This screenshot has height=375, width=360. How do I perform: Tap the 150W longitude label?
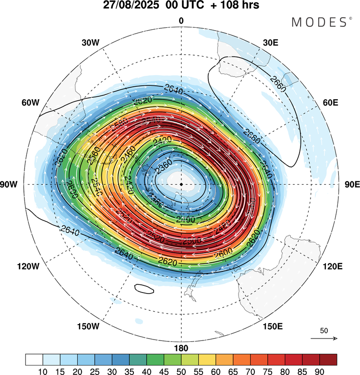click(x=87, y=327)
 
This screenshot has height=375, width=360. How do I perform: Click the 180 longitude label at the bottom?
click(x=181, y=348)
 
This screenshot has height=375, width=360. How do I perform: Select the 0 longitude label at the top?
click(x=181, y=21)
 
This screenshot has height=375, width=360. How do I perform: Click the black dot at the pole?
click(x=181, y=184)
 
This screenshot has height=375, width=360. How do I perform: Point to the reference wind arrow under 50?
click(x=324, y=339)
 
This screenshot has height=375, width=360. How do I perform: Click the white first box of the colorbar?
click(x=34, y=359)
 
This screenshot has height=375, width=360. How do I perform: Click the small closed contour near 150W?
click(x=144, y=288)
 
